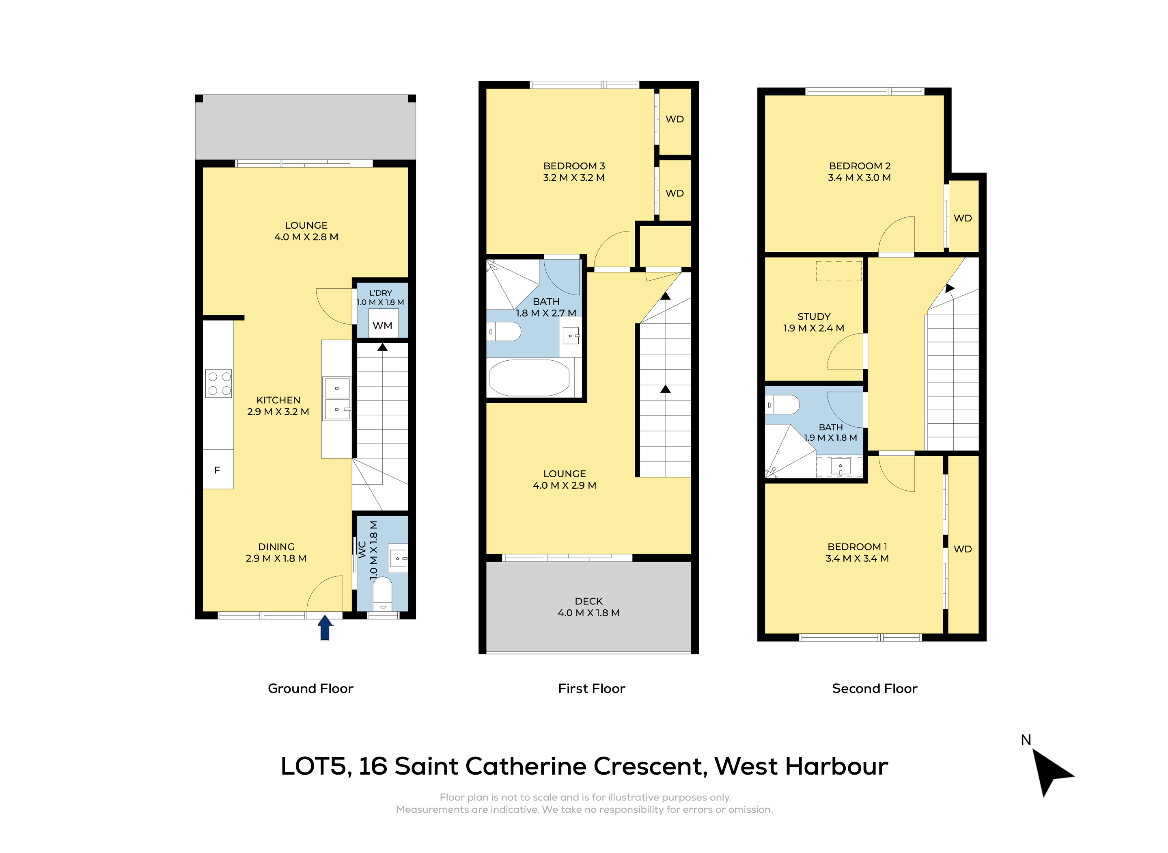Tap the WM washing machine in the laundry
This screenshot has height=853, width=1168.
point(383,324)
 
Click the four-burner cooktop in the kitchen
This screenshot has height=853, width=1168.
point(219,383)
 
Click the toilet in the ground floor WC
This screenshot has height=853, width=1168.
point(382,594)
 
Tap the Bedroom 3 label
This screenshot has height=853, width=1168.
point(574,172)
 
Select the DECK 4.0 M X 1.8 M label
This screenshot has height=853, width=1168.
point(588,607)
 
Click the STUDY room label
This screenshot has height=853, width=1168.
point(814,322)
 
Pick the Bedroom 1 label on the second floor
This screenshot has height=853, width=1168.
point(857,552)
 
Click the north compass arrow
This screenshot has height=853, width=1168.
point(1051,772)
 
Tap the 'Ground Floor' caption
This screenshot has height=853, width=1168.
point(310,688)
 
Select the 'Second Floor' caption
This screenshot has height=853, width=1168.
point(875,688)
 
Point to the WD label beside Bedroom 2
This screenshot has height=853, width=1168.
point(963,218)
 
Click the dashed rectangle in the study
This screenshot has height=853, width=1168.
point(839,271)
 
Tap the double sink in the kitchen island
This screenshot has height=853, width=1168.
point(337,398)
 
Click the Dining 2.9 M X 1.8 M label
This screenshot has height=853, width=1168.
point(276,552)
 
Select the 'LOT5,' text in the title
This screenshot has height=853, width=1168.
point(316,767)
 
